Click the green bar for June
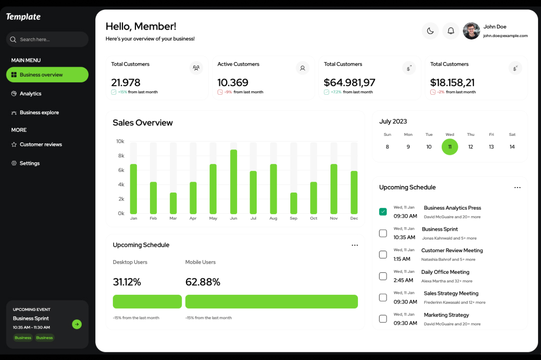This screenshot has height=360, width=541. (234, 182)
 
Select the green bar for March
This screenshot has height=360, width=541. (173, 203)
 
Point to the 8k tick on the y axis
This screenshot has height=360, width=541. (121, 156)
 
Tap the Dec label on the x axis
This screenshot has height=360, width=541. (354, 219)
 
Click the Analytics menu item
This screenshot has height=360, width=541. (31, 94)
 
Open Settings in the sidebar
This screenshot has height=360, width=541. (30, 163)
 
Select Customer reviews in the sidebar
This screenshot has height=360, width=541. (41, 144)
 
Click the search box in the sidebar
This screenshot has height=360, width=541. (47, 40)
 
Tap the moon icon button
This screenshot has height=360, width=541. (430, 31)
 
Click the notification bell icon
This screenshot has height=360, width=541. (451, 31)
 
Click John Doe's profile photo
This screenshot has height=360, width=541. (471, 31)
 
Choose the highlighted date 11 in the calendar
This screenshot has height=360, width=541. (450, 147)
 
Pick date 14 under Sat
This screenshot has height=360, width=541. (512, 147)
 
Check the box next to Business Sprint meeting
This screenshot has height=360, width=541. (383, 233)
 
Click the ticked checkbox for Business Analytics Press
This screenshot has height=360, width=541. (383, 212)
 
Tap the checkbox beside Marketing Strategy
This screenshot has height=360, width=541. (383, 319)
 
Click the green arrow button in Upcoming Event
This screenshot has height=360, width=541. (77, 324)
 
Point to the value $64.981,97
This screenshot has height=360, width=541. (349, 83)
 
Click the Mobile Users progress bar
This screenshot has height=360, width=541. (271, 301)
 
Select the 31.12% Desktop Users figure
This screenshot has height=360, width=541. (127, 282)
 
